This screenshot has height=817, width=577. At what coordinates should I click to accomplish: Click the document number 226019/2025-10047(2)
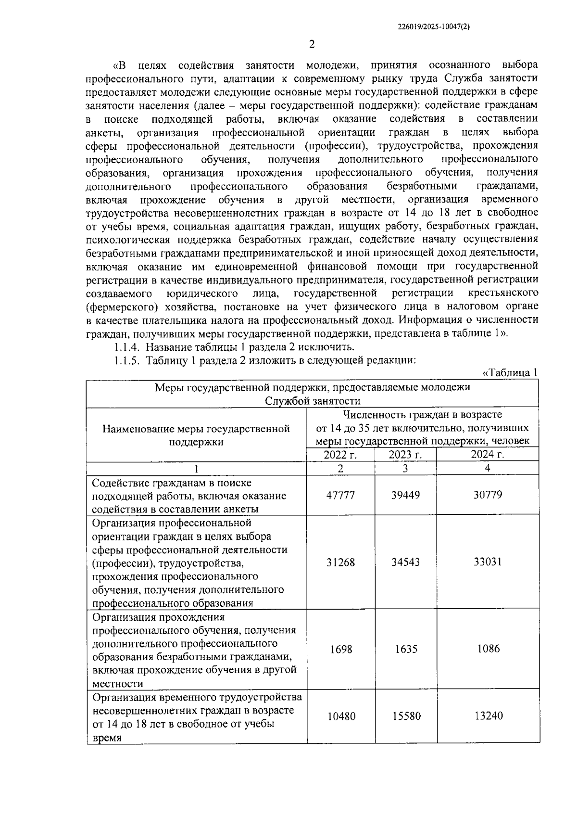click(434, 28)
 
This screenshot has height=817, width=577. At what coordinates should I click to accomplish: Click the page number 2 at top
click(311, 45)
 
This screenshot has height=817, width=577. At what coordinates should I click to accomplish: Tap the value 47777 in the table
click(340, 495)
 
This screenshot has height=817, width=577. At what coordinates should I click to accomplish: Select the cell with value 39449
click(405, 495)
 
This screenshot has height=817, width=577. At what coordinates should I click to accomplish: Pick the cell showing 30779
click(488, 495)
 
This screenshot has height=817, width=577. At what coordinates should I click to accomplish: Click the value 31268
click(340, 562)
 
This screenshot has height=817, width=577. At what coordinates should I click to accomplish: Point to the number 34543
click(405, 562)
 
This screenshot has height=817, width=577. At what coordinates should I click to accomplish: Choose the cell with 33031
click(488, 562)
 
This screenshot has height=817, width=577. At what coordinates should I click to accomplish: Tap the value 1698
click(341, 649)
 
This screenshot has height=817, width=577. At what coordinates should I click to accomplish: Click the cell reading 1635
click(405, 649)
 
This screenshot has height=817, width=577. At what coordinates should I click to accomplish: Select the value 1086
click(488, 649)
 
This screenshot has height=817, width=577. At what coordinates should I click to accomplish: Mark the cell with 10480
click(341, 716)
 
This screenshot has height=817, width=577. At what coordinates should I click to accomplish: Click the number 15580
click(405, 716)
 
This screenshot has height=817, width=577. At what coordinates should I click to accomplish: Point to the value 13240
click(488, 716)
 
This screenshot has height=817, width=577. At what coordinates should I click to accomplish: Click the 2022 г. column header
click(340, 455)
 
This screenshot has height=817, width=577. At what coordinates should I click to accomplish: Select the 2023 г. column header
click(405, 455)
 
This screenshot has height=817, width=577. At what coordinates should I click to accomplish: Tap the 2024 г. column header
click(488, 455)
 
